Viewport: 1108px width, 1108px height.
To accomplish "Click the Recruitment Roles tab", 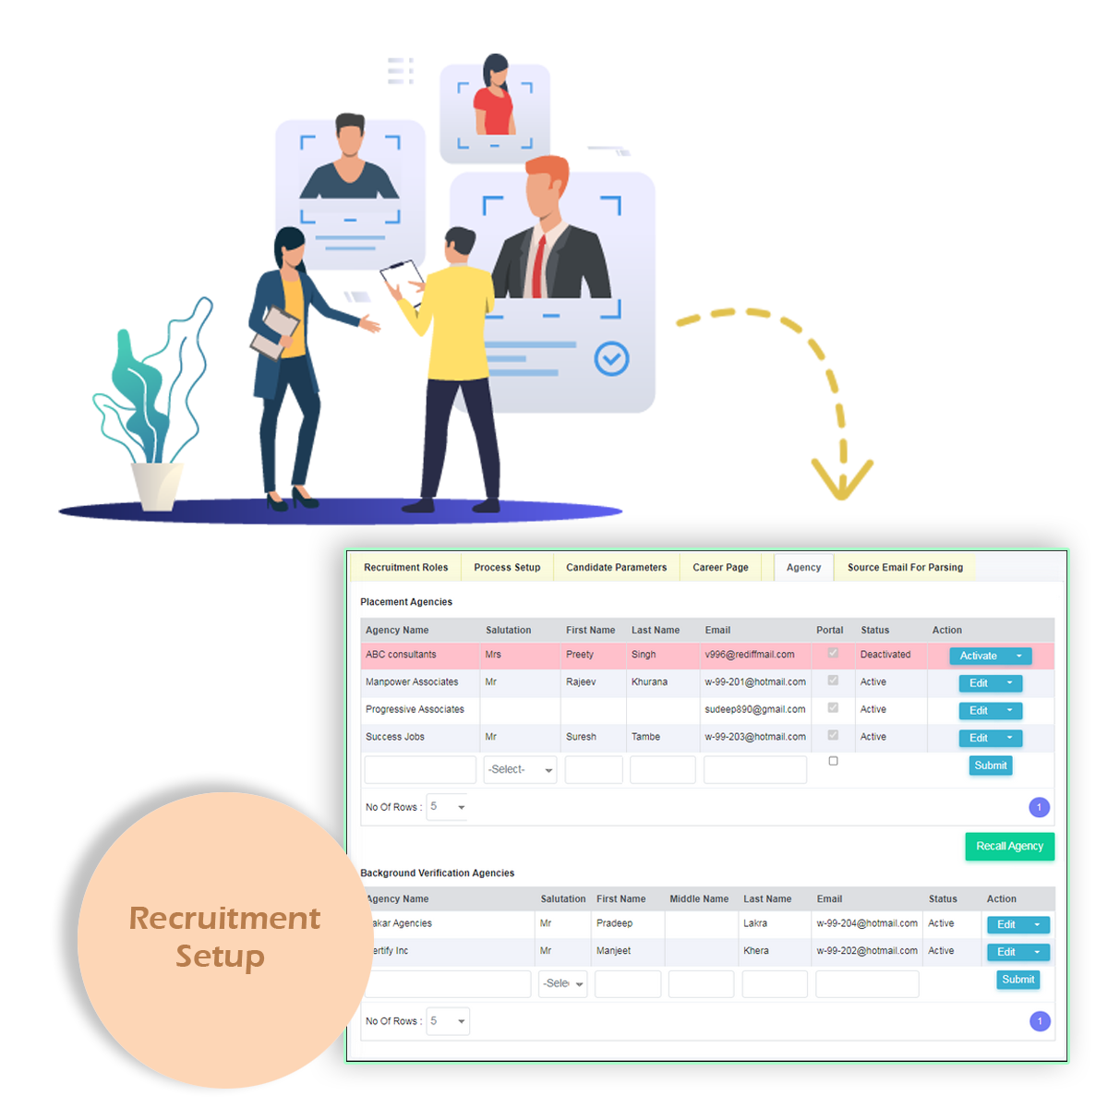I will pos(405,568).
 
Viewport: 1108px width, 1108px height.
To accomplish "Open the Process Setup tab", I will pos(507,568).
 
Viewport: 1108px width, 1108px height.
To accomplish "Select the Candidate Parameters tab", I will pos(616,568).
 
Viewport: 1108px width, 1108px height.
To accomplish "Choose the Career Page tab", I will pos(720,568).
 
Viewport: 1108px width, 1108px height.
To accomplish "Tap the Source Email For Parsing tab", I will pos(905,568).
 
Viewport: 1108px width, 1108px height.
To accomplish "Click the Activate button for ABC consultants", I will pos(979,656).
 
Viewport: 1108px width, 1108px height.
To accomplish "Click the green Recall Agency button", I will pos(1009,847).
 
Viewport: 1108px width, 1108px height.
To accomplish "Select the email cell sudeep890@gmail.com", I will pos(754,710).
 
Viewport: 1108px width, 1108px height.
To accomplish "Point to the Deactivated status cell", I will pos(885,655).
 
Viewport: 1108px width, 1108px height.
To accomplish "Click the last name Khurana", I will pos(649,682).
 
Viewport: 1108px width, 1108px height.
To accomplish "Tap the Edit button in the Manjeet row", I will pos(1006,952).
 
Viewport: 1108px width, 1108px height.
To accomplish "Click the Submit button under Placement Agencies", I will pos(991,765).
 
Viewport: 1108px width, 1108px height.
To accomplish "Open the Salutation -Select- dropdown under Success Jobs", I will pos(520,770).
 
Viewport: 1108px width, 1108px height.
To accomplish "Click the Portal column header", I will pos(829,631).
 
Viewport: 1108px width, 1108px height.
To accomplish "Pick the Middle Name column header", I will pos(699,899).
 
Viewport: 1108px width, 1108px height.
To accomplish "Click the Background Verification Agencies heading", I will pos(437,873).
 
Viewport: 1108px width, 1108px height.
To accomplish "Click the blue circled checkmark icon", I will pos(611,358).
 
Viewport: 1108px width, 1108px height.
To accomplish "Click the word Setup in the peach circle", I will pos(220,957).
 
